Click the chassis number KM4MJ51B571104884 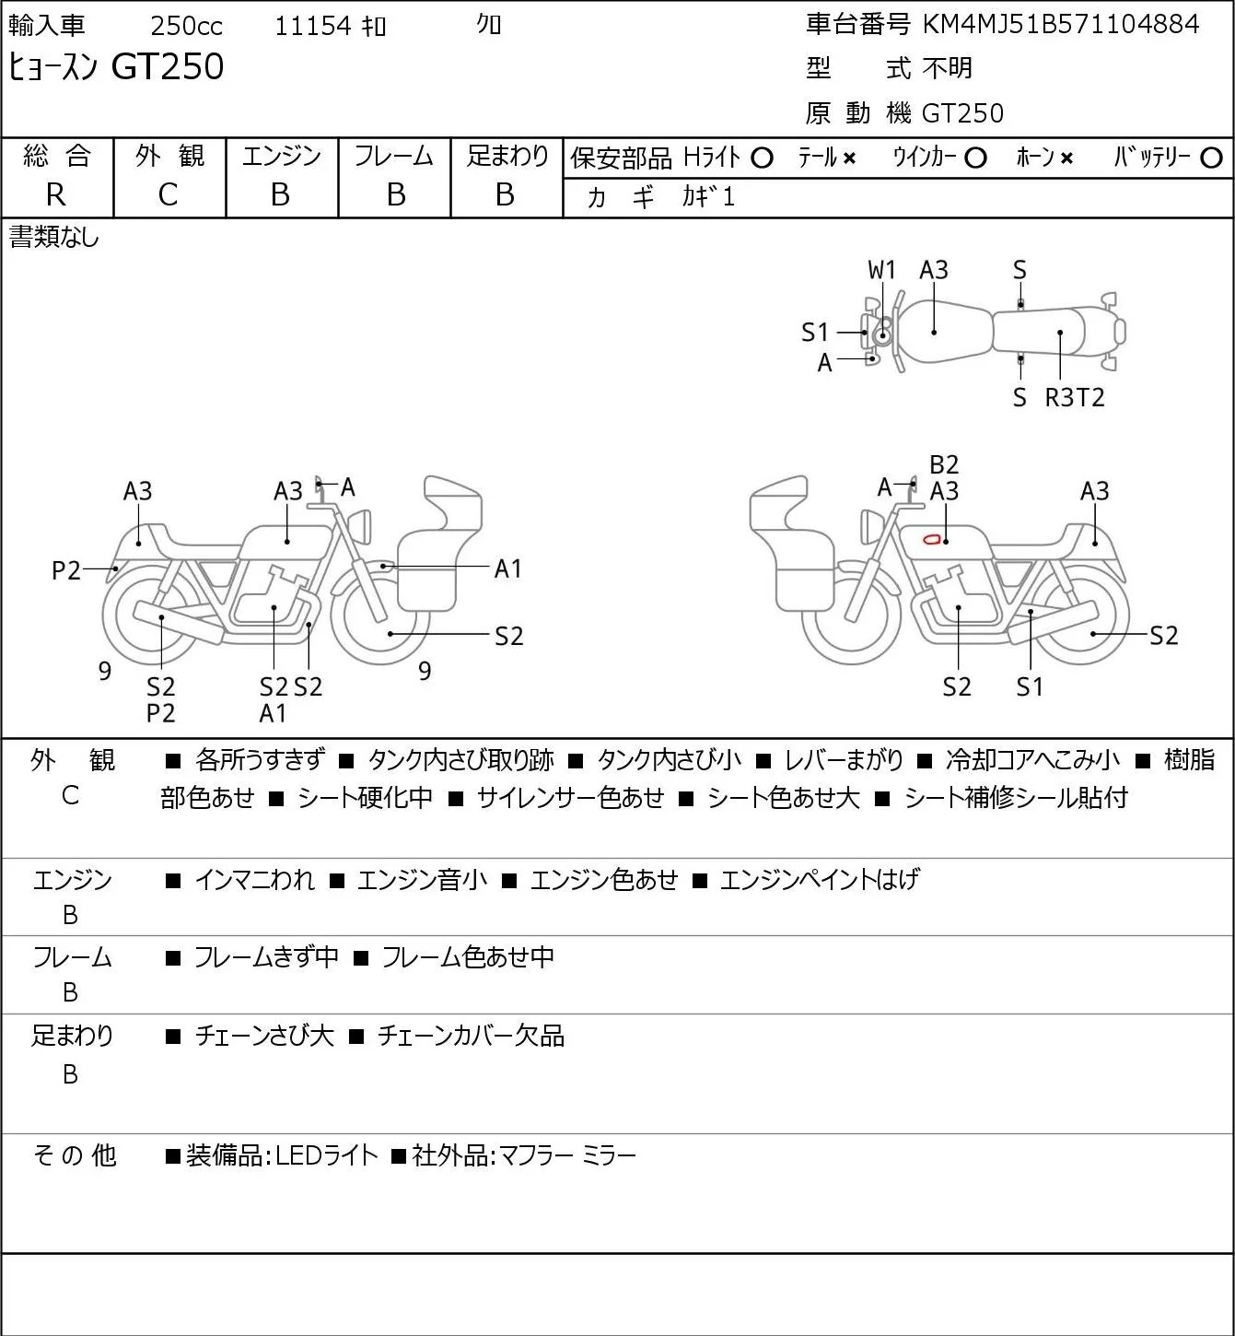[1060, 24]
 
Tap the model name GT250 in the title [168, 66]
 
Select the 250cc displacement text [186, 26]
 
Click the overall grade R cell [56, 195]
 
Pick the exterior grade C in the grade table [169, 195]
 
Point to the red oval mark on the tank [932, 539]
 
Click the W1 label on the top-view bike [881, 271]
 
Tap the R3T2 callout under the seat [1074, 397]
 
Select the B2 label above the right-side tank [944, 465]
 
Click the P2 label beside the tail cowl [66, 571]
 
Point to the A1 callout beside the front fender [507, 569]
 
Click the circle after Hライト [762, 158]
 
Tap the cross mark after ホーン [1066, 158]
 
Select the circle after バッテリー [1211, 158]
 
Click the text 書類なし [53, 238]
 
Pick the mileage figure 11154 [313, 26]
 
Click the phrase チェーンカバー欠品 [471, 1036]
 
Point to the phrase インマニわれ [254, 880]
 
